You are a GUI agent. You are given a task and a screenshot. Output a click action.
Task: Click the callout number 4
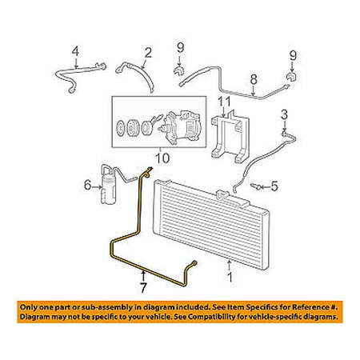[75, 51]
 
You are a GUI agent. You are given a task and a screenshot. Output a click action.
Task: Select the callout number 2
[148, 53]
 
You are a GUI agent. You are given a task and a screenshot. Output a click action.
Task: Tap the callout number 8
[254, 79]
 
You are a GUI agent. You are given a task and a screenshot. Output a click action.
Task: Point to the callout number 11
[224, 102]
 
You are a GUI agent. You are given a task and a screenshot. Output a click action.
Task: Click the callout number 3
[285, 114]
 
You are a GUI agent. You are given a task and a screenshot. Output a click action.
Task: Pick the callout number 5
[274, 186]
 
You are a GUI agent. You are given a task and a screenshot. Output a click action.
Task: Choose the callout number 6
[88, 185]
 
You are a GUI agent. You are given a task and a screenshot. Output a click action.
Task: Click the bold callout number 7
[143, 287]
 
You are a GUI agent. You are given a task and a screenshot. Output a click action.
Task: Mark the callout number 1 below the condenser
[230, 277]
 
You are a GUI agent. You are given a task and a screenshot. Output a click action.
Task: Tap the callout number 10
[162, 158]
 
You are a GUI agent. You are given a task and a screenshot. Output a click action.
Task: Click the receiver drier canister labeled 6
[108, 190]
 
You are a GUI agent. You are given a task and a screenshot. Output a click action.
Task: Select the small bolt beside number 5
[254, 186]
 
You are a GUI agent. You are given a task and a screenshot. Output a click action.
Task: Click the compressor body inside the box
[182, 127]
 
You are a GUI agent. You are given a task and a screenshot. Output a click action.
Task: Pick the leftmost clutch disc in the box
[120, 127]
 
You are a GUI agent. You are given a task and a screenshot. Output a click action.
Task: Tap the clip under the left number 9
[178, 71]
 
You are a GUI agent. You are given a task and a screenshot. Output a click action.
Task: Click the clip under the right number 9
[292, 76]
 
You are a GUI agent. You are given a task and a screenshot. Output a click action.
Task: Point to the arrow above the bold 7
[143, 276]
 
